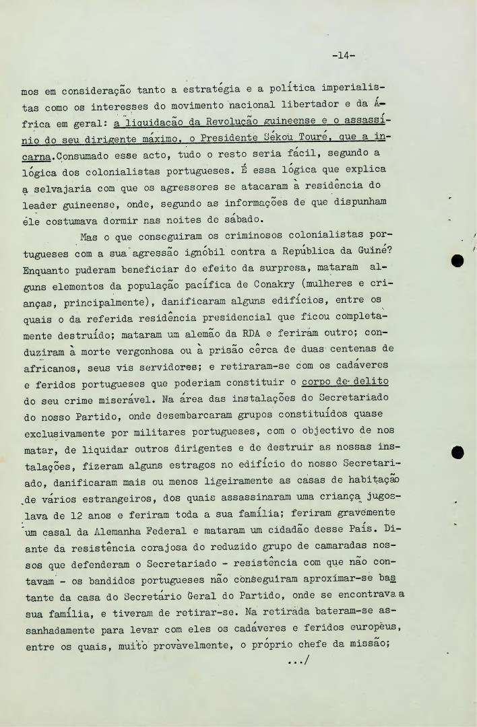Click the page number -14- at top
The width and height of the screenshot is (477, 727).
click(x=343, y=56)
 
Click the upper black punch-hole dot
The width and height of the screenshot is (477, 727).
click(x=458, y=261)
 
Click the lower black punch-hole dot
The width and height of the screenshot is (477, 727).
click(x=458, y=452)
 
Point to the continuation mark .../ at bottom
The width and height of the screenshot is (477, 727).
click(x=297, y=661)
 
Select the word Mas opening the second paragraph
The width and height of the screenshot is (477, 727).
click(x=88, y=236)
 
